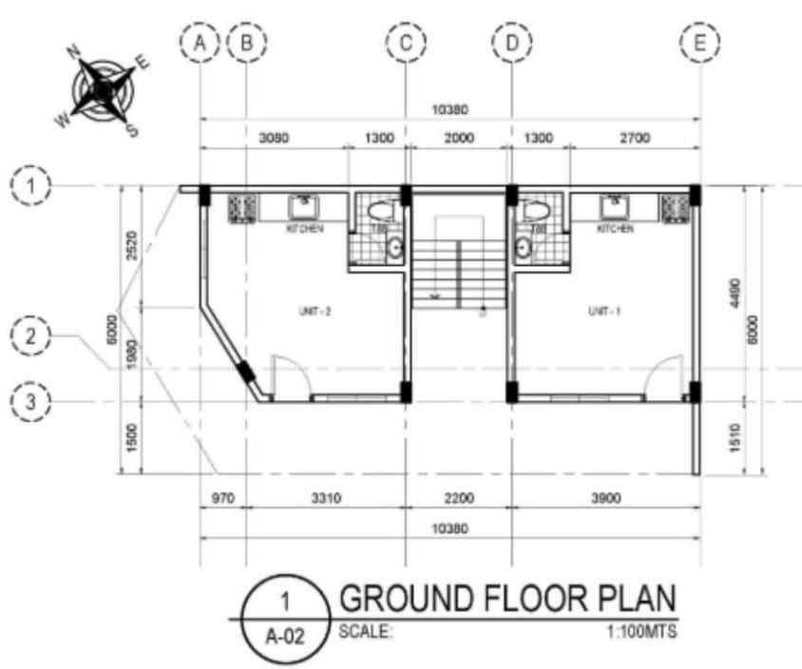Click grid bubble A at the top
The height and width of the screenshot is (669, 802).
(x=200, y=42)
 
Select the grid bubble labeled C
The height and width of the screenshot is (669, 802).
(x=406, y=42)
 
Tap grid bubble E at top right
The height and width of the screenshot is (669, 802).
(x=701, y=42)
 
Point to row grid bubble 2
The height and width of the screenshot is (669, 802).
(x=31, y=335)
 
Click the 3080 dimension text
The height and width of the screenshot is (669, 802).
(x=275, y=139)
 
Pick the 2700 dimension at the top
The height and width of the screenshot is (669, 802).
(x=634, y=139)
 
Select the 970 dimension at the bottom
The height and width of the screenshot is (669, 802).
(x=221, y=496)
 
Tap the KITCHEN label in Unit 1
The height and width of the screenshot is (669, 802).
(x=615, y=230)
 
